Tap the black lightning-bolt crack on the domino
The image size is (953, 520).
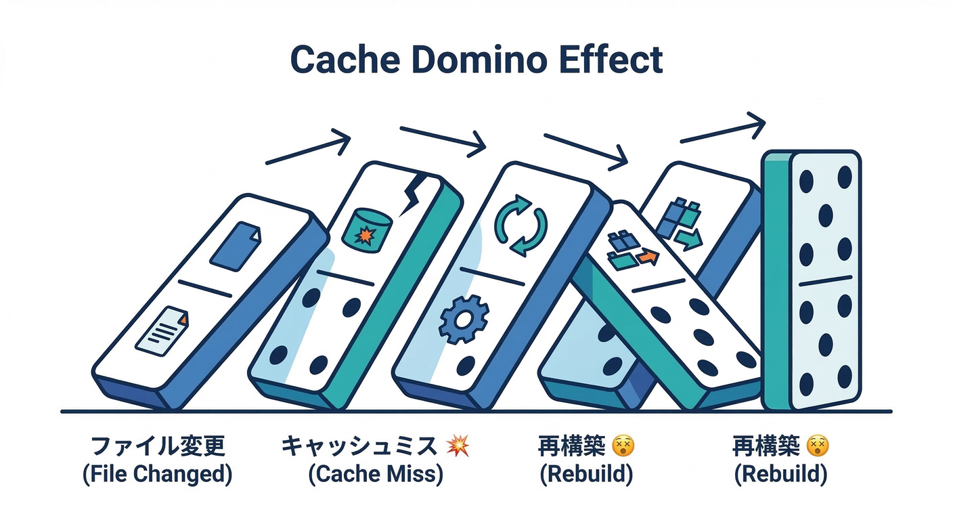pos(412,192)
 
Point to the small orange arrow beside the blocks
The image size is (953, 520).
pos(648,257)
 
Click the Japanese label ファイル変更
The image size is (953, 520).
pos(157,447)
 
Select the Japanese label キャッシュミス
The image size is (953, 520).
pos(359,447)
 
